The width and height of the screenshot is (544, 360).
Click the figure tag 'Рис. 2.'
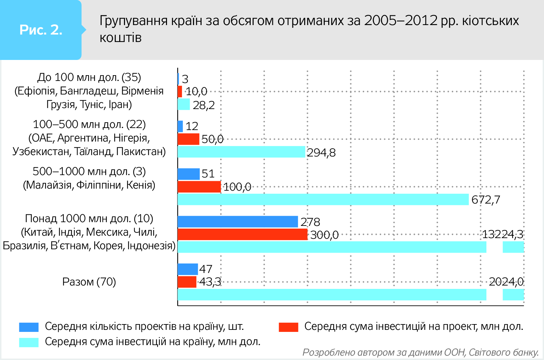click(x=41, y=30)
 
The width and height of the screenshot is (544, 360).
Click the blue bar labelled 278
click(x=237, y=222)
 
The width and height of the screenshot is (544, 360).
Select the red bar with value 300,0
click(x=242, y=234)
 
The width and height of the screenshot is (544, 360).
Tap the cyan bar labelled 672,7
click(x=323, y=199)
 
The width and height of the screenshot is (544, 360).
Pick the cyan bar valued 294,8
click(x=241, y=152)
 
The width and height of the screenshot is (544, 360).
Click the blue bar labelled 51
click(x=188, y=174)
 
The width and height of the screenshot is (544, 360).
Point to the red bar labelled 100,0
click(x=199, y=187)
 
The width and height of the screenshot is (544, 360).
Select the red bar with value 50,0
click(x=188, y=139)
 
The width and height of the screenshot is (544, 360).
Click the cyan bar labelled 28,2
click(x=184, y=104)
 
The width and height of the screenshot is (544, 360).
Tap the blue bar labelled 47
click(x=188, y=269)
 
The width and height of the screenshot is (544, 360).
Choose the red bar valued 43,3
click(x=187, y=282)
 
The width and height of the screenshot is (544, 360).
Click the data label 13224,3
click(x=503, y=234)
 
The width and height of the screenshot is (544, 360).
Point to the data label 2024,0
click(x=506, y=281)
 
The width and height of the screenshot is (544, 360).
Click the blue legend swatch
click(x=29, y=327)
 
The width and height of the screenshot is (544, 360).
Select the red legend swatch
click(x=288, y=327)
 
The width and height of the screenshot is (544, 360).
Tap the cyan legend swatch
click(x=29, y=342)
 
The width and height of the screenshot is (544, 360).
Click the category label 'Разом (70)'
click(x=89, y=282)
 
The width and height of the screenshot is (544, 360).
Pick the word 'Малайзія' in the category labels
click(x=47, y=185)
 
